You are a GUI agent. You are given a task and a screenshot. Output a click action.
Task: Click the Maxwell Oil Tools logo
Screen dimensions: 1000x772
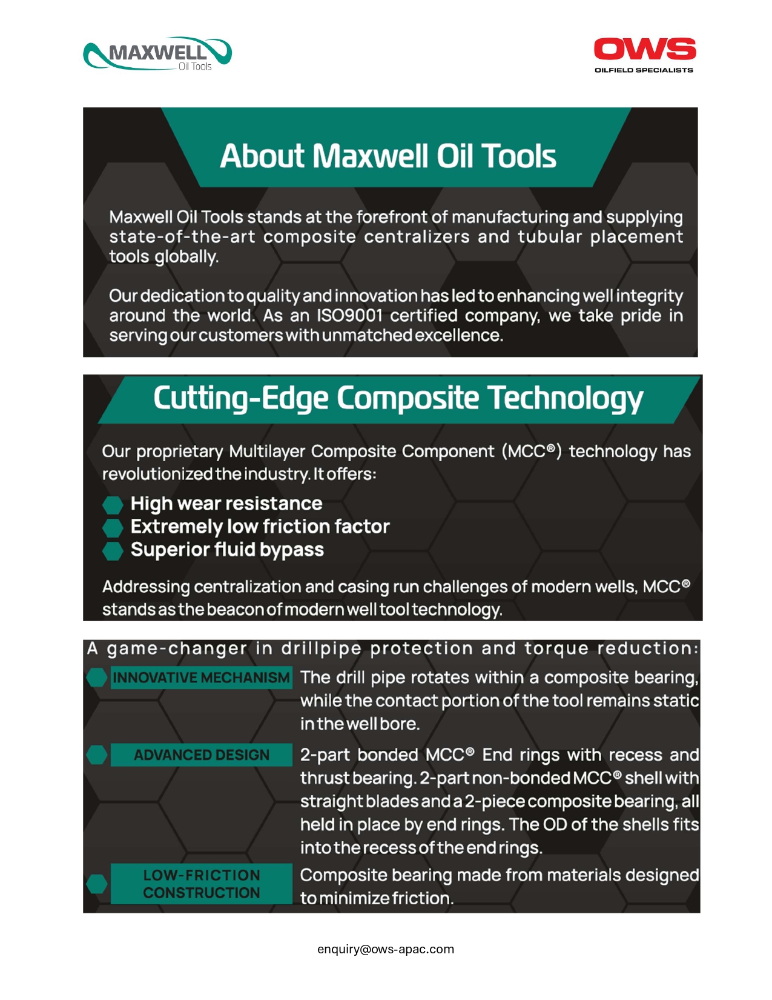157,54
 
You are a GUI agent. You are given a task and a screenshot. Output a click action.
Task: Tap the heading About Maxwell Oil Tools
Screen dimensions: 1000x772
388,156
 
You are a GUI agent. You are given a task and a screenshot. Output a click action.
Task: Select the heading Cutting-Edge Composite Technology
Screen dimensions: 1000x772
398,398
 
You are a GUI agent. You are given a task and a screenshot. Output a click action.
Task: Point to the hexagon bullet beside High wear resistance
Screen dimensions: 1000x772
113,504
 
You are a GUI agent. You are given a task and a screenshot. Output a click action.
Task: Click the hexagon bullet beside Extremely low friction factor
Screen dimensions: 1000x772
113,527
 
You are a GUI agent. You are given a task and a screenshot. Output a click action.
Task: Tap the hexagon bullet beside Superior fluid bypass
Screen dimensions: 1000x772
113,550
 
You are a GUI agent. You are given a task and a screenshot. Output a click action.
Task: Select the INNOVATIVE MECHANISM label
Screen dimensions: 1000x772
201,678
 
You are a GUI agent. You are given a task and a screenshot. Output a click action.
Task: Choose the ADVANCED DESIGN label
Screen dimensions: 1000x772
201,755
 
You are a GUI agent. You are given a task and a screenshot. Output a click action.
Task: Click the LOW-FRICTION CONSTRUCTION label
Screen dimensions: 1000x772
201,884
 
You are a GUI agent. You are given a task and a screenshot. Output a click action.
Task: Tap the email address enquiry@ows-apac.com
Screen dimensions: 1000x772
386,949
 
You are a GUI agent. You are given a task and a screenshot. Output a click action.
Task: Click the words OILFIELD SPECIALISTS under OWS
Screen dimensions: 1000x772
644,70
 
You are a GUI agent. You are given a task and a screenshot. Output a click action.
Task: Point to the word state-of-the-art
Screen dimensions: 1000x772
182,237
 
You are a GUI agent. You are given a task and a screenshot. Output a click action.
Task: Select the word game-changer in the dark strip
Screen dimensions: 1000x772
177,648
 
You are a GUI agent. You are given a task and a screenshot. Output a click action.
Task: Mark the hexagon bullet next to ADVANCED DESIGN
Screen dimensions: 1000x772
97,755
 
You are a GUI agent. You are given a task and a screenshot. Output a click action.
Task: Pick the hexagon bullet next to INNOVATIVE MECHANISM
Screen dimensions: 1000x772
97,678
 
